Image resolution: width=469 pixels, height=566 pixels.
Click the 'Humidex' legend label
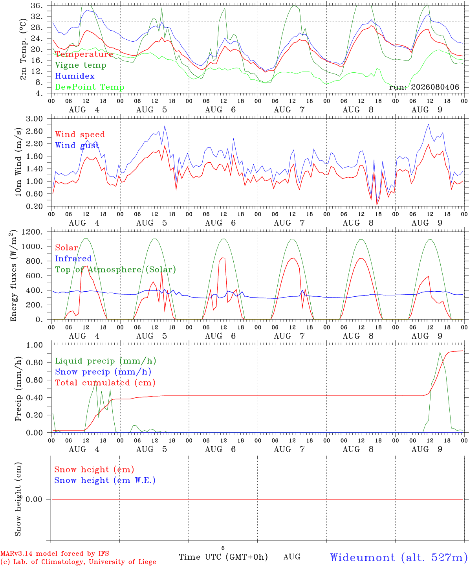point(75,76)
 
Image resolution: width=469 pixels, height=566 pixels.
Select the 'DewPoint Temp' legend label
point(90,87)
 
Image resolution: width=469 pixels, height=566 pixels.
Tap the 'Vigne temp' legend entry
point(81,65)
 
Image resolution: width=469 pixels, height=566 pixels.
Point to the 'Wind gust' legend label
point(77,145)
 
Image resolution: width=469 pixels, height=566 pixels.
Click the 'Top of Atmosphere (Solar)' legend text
point(116,270)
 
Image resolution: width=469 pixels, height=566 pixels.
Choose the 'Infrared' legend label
point(73,259)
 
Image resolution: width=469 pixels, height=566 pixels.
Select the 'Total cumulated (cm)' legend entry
point(105,382)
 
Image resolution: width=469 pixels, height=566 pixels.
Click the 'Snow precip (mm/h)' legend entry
point(103,372)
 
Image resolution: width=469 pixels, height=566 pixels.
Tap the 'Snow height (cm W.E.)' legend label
point(105,480)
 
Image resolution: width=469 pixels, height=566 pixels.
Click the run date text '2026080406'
point(435,87)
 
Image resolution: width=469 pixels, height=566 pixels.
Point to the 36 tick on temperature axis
point(37,6)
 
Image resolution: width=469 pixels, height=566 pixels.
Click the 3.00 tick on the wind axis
point(35,119)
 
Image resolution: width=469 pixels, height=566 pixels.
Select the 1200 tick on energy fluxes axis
point(32,232)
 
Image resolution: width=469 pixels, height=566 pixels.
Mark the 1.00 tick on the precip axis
point(35,345)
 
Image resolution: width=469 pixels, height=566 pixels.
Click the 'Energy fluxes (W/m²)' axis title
point(13,276)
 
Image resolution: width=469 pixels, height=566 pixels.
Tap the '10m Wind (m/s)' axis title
point(18,162)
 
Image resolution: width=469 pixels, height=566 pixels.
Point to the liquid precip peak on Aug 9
point(440,353)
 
